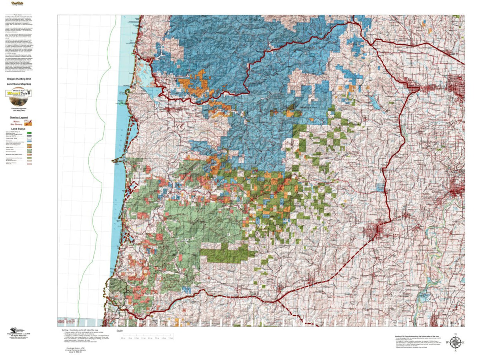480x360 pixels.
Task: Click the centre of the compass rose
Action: (x=455, y=342)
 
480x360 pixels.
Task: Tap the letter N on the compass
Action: (x=455, y=334)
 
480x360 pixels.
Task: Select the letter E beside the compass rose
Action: (x=464, y=342)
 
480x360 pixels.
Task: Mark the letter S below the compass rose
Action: (x=455, y=351)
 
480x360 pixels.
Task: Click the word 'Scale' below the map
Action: (x=119, y=331)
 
